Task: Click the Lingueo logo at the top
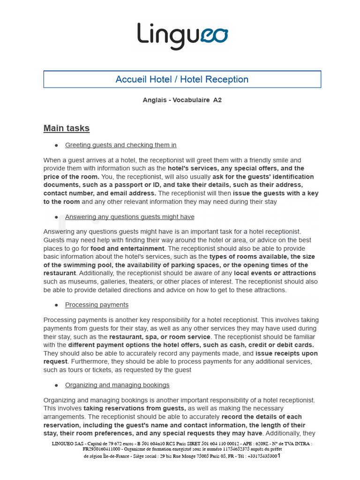coord(182,36)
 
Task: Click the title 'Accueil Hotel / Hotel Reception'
coord(182,79)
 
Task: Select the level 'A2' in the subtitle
coord(217,100)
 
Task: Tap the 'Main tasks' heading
coord(66,128)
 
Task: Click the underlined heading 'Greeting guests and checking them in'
coord(120,145)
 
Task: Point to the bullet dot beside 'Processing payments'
coord(56,305)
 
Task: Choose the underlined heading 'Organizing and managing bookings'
coord(117,385)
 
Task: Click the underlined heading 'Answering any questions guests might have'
coord(129,217)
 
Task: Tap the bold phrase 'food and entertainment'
coord(127,248)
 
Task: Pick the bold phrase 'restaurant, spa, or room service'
coord(159,337)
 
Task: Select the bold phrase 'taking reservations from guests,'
coord(135,408)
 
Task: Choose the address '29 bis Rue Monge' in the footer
coord(180,456)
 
